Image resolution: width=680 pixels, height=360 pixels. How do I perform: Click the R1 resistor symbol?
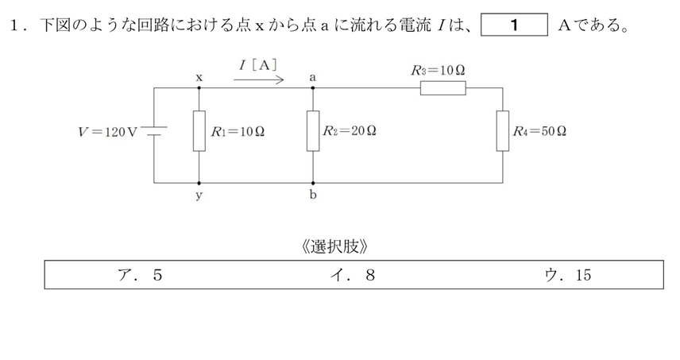[x=199, y=132]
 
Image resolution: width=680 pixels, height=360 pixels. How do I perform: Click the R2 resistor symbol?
[x=313, y=132]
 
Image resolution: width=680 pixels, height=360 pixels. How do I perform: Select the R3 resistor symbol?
[x=443, y=87]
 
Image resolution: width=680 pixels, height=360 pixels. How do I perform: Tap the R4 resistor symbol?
[x=503, y=131]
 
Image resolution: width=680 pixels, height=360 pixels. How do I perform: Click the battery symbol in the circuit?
[x=153, y=131]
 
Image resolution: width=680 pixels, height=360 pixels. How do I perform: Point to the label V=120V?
[x=108, y=132]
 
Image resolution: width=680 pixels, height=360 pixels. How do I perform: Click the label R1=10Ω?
[x=238, y=132]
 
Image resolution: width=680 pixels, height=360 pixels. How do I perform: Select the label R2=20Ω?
[x=350, y=131]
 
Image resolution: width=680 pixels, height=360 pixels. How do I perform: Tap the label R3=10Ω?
[x=439, y=70]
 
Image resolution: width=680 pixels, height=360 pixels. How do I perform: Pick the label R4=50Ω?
[x=539, y=131]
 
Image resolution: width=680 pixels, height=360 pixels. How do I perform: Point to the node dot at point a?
[x=313, y=87]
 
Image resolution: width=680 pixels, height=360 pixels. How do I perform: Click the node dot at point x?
[x=199, y=87]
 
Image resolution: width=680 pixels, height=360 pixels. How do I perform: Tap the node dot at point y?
[x=199, y=182]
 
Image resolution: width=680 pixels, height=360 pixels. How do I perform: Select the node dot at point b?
[x=313, y=182]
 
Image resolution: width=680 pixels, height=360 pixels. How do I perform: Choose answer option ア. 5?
[x=138, y=275]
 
